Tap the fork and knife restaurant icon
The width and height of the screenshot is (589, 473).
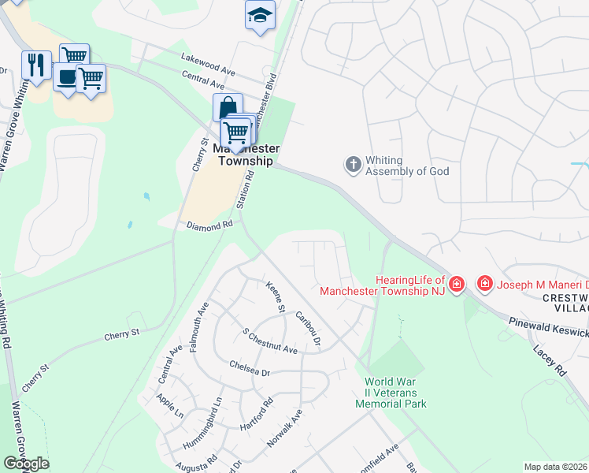point(35,65)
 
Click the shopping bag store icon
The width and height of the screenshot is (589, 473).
point(227,107)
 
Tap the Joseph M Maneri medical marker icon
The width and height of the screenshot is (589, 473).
point(485,283)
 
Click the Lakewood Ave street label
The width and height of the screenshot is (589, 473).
point(208,63)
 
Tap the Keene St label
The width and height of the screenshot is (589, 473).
point(274,297)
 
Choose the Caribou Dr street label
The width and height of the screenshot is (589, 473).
point(308,328)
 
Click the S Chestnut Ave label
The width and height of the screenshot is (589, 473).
point(269,342)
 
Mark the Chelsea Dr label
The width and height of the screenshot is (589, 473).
point(249,371)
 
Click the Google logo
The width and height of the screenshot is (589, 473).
point(26,464)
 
